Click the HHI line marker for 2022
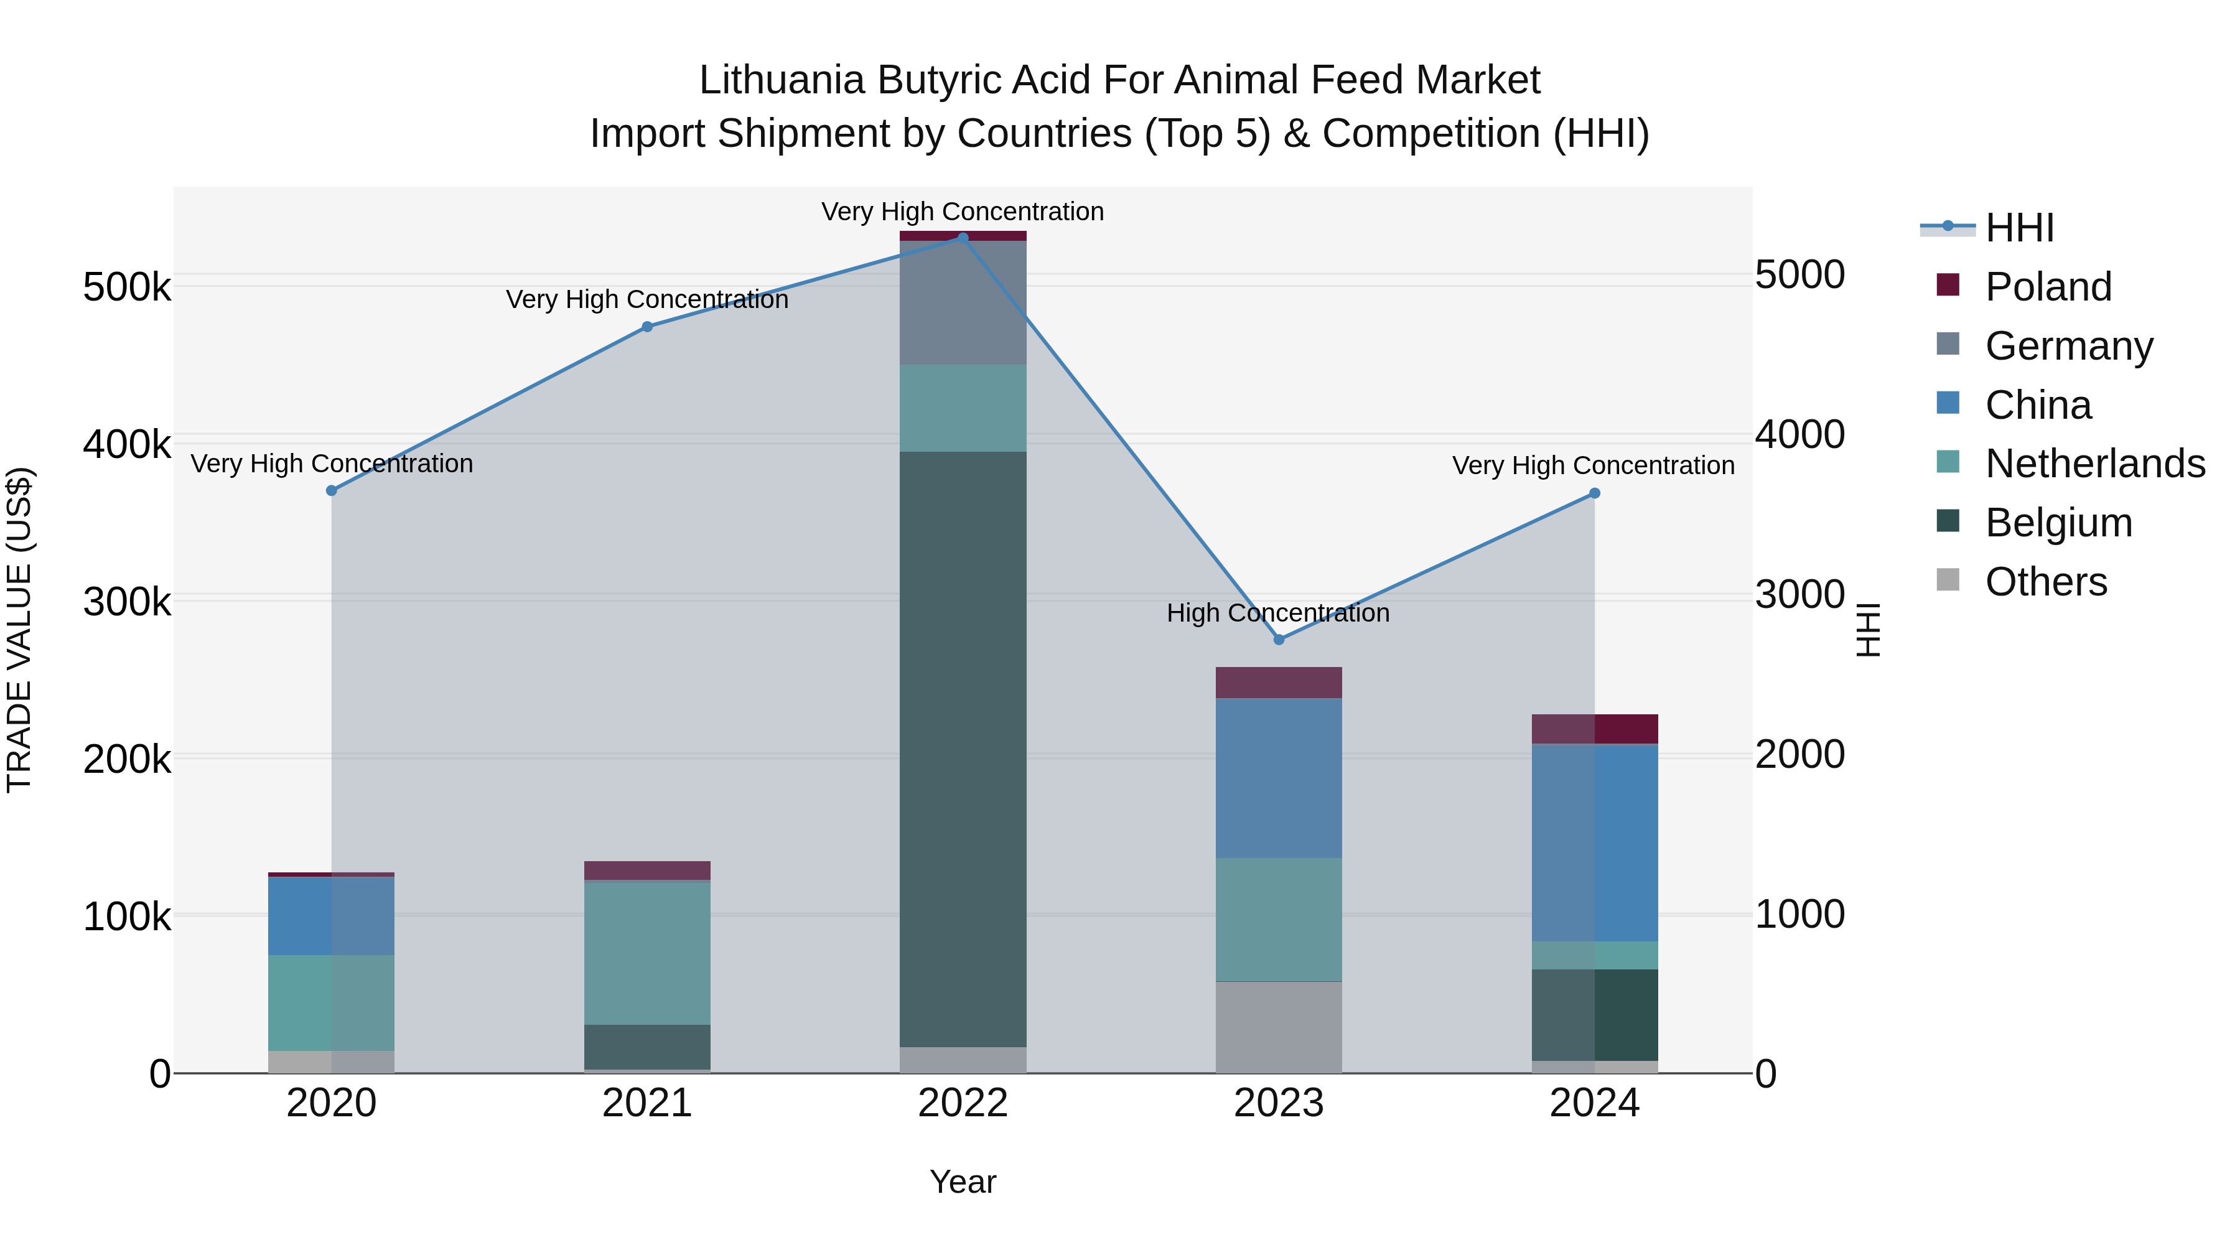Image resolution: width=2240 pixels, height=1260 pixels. point(963,238)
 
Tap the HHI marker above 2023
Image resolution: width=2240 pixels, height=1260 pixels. point(1278,639)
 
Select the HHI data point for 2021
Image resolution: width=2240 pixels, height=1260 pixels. point(647,327)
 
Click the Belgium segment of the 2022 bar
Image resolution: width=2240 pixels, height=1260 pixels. point(963,748)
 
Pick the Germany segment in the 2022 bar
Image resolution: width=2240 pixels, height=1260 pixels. point(963,302)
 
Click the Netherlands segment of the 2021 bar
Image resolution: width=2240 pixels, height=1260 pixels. point(647,952)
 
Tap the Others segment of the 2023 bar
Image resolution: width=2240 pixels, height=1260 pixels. point(1278,1027)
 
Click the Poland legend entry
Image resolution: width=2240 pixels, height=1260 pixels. point(2048,287)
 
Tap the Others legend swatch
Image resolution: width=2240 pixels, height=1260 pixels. point(1948,581)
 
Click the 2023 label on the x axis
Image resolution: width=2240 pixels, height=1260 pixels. point(1278,1103)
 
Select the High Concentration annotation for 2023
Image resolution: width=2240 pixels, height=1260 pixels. point(1277,613)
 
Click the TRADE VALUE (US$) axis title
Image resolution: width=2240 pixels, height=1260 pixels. point(19,630)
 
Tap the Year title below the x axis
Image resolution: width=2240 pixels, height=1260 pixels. point(963,1182)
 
